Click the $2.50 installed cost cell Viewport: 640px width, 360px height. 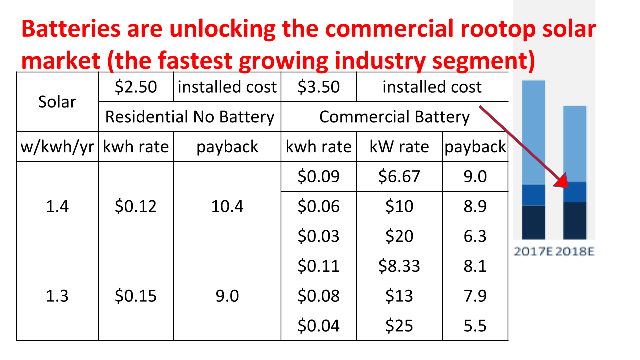(x=136, y=87)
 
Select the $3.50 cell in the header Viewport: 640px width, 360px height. (x=318, y=87)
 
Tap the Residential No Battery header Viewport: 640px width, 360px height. (x=190, y=117)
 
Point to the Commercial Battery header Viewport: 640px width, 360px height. (x=394, y=117)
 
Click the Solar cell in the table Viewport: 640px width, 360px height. (x=57, y=102)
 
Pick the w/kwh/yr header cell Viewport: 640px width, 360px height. (x=57, y=147)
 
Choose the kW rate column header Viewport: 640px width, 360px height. (x=399, y=147)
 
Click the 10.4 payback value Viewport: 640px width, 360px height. (x=227, y=206)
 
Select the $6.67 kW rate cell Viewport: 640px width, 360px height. (x=399, y=177)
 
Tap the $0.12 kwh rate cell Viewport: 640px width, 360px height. (x=136, y=206)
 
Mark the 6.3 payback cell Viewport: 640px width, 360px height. (x=475, y=236)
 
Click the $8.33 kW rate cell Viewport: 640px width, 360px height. (x=399, y=266)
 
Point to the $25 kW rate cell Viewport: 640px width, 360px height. (x=399, y=326)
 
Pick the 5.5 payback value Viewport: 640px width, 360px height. (x=475, y=326)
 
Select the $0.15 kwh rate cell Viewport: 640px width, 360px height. (x=136, y=296)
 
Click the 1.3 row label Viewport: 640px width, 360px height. (x=57, y=296)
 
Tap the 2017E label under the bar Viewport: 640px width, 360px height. (x=533, y=251)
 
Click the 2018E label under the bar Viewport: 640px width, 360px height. (x=575, y=251)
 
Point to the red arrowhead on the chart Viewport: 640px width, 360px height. (x=562, y=182)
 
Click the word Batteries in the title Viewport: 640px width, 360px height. (x=70, y=30)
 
